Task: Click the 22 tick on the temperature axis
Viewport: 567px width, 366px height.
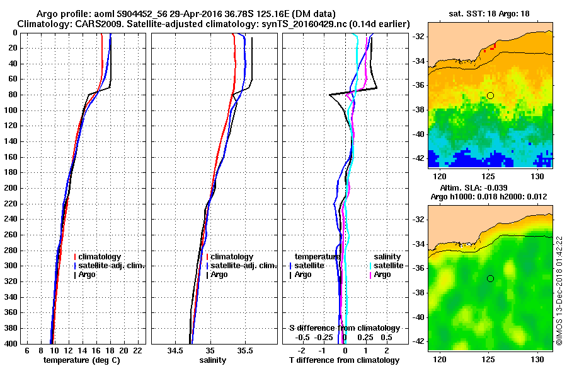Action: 137,350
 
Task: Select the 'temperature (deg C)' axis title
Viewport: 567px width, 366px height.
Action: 81,360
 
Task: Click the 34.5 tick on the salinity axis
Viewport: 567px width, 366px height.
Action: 176,350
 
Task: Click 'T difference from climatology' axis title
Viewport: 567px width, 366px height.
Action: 344,360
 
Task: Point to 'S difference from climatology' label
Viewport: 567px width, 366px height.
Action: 344,328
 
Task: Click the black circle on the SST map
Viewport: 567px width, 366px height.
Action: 490,95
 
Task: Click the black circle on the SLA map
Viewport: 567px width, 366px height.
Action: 490,278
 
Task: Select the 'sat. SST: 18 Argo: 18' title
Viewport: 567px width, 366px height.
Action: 490,13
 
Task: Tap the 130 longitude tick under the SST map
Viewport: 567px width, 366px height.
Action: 538,175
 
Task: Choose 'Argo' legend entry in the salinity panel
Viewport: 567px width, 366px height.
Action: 220,274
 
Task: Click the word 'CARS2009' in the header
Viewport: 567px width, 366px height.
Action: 85,23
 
